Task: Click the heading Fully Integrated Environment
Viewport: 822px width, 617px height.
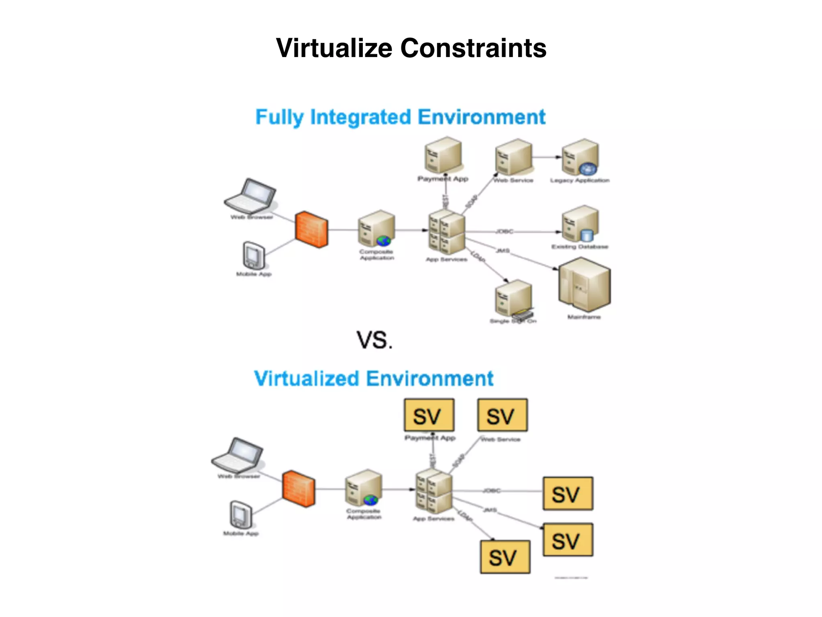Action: coord(400,117)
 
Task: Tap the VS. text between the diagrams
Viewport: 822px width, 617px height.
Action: coord(374,340)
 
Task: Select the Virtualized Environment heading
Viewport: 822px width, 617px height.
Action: coord(374,378)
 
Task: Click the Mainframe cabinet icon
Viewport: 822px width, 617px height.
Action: coord(584,284)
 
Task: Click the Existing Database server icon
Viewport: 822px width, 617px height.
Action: coord(580,224)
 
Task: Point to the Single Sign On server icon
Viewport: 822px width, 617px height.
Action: coord(513,299)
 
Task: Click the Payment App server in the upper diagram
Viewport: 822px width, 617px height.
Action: coord(443,156)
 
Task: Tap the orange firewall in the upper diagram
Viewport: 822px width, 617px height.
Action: coord(311,229)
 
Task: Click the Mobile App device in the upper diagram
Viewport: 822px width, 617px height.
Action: coord(254,255)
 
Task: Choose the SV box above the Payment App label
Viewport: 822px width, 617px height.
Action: coord(429,415)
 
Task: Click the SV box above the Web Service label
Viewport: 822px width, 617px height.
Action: coord(502,415)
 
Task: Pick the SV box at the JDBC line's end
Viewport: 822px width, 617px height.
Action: coord(568,494)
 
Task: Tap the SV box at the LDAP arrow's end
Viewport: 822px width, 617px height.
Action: coord(505,557)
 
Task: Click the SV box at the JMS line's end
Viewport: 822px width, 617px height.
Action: coord(568,540)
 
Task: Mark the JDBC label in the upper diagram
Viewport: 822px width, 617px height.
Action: coord(504,231)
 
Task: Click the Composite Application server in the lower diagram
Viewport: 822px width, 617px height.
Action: coord(363,488)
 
